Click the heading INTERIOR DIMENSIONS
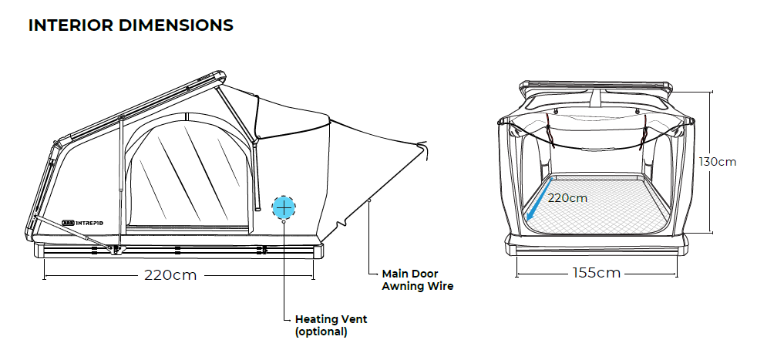pyautogui.click(x=130, y=25)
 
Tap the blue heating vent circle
pyautogui.click(x=284, y=207)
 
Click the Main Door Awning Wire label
pyautogui.click(x=418, y=280)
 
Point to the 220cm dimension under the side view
pyautogui.click(x=170, y=275)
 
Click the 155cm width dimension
pyautogui.click(x=597, y=273)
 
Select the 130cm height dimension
pyautogui.click(x=718, y=162)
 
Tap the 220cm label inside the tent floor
pyautogui.click(x=567, y=197)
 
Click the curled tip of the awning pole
pyautogui.click(x=422, y=146)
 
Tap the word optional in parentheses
pyautogui.click(x=321, y=332)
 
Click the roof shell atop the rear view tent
pyautogui.click(x=598, y=87)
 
